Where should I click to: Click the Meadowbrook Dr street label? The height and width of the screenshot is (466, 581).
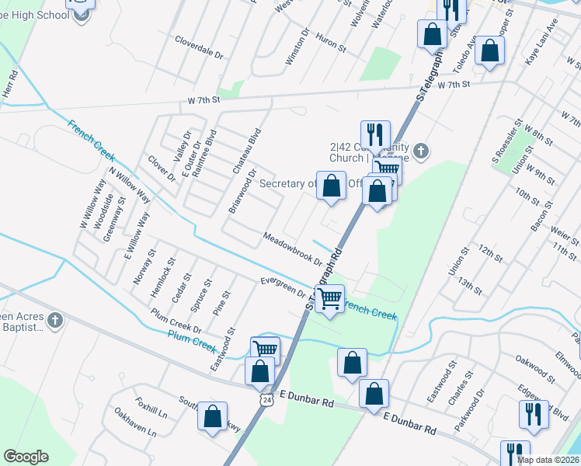[x=292, y=248]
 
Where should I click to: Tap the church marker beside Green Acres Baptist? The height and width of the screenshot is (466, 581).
[x=54, y=320]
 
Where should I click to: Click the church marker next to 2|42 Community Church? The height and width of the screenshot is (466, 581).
[x=420, y=151]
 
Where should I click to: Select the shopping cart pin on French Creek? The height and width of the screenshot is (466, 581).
[x=331, y=297]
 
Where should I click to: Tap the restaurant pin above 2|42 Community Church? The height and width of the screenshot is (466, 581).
[x=376, y=134]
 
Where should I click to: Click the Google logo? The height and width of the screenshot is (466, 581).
[x=26, y=457]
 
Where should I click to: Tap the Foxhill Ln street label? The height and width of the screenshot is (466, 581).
[x=151, y=409]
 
